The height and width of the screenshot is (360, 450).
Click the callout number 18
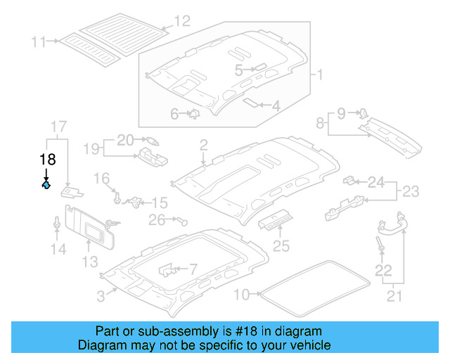click(x=47, y=159)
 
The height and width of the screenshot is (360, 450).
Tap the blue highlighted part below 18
click(x=46, y=186)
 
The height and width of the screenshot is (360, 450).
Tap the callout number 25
click(x=281, y=245)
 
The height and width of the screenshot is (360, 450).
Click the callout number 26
click(x=156, y=220)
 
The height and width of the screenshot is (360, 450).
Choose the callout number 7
click(x=193, y=269)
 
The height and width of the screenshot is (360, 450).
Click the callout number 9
click(x=341, y=112)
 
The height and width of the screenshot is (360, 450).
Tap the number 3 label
click(x=101, y=296)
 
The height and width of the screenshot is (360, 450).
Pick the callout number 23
click(x=409, y=190)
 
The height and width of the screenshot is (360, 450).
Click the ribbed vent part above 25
click(x=275, y=223)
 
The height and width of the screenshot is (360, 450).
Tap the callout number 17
click(x=58, y=127)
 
